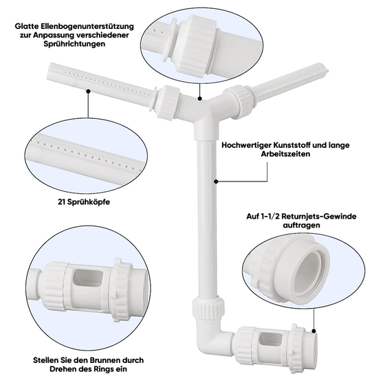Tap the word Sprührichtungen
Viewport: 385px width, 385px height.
coord(75,44)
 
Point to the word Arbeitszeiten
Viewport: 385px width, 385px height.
coord(285,154)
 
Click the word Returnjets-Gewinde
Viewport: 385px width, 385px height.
coord(319,217)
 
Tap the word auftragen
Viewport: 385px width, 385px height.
coord(302,225)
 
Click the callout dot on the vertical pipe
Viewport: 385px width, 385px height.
coord(216,181)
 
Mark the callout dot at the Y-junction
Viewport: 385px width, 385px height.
coord(200,99)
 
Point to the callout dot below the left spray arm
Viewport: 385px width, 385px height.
coord(89,91)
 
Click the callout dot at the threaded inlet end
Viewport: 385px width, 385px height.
coord(313,331)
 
